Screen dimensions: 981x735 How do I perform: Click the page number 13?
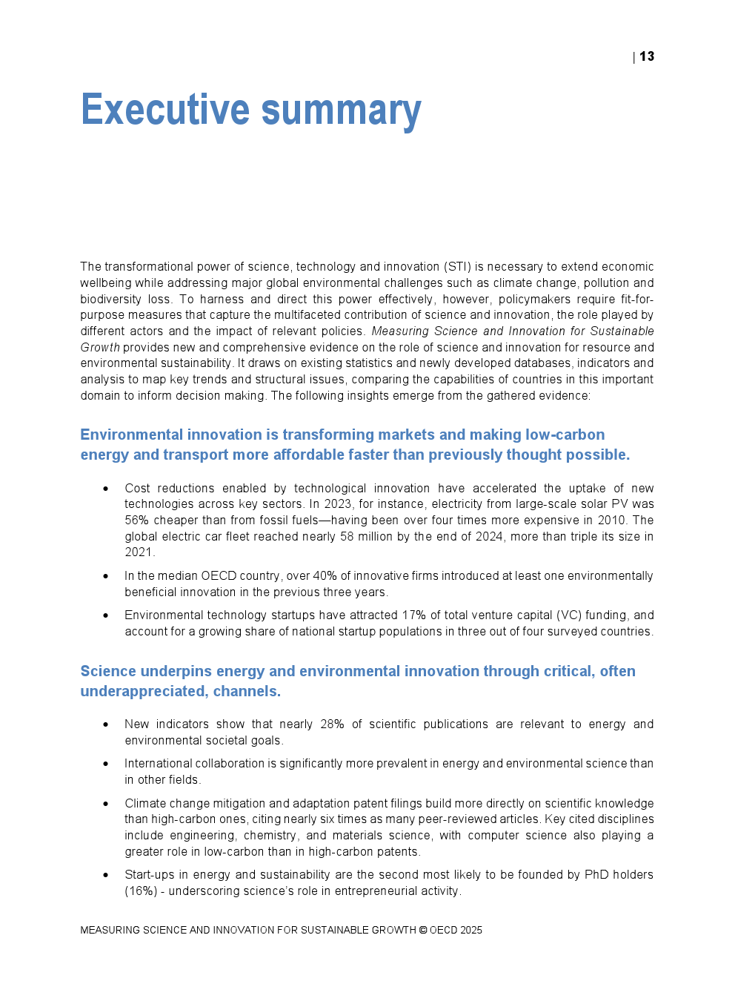point(647,57)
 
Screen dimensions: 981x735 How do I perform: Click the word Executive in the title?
point(165,110)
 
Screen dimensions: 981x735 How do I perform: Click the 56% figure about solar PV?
point(136,521)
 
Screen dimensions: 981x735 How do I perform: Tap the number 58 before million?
point(347,537)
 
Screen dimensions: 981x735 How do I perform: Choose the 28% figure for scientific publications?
point(332,724)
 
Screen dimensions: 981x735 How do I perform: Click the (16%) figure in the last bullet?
point(141,891)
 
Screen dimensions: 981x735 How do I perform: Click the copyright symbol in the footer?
point(423,930)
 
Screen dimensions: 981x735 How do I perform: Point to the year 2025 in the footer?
point(471,930)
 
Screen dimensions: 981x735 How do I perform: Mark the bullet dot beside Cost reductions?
point(106,489)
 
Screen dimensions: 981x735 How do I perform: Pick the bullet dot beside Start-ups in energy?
point(106,875)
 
